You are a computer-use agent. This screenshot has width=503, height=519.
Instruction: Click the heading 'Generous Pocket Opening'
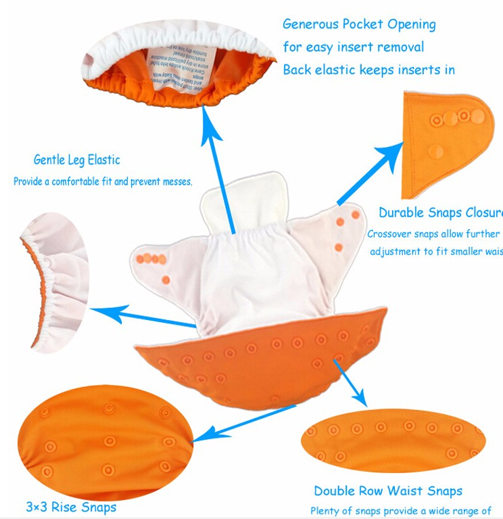[359, 24]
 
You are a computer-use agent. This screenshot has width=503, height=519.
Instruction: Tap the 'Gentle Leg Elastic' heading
[77, 160]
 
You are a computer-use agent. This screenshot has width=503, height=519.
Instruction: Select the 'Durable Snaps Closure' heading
[440, 212]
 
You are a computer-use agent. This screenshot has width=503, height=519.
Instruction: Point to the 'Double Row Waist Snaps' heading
[388, 491]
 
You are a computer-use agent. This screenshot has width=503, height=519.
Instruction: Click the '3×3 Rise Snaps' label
[71, 507]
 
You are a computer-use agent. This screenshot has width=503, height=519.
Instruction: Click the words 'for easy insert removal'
[354, 47]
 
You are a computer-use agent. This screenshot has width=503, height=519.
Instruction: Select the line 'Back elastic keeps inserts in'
[368, 70]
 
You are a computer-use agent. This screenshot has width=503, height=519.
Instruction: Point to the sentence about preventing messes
[103, 182]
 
